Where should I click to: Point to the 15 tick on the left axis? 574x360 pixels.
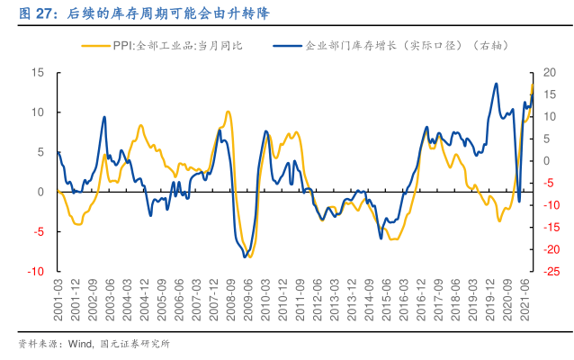pos(37,73)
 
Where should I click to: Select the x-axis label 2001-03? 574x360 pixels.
pos(58,296)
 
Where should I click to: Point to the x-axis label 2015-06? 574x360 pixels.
pos(388,296)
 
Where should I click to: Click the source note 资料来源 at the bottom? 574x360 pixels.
pos(40,343)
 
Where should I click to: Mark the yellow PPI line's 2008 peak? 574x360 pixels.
pos(229,112)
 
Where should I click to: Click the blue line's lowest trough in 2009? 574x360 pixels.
pos(245,257)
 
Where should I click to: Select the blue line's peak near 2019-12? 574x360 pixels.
pos(497,84)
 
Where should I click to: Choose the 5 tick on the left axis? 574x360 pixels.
pos(40,152)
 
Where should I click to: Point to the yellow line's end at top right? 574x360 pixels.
pos(532,85)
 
